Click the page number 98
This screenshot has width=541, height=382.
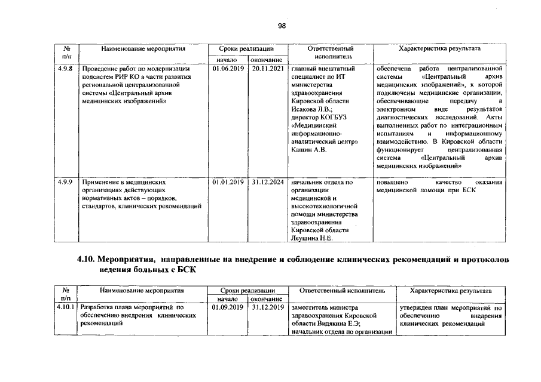282,26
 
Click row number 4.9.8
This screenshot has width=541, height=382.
66,69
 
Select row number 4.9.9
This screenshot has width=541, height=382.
66,181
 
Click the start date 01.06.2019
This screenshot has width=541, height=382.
227,69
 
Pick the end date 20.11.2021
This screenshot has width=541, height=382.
266,69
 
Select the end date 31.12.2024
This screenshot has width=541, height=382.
266,181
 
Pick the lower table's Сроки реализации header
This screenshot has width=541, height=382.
247,290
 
